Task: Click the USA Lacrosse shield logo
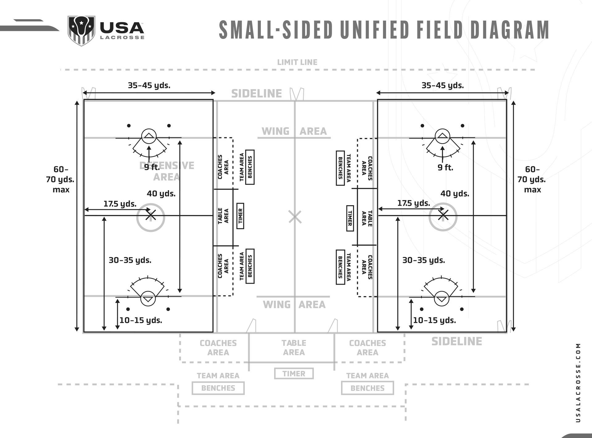(x=81, y=31)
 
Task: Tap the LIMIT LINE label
(x=297, y=62)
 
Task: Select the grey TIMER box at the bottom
(x=294, y=374)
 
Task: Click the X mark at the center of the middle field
(x=295, y=217)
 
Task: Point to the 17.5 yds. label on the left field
(x=120, y=204)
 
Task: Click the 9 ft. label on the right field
(x=446, y=167)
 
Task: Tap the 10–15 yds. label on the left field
(x=141, y=320)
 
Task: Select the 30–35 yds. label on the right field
(x=424, y=260)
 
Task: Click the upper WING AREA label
(x=294, y=131)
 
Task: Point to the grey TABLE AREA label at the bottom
(x=294, y=348)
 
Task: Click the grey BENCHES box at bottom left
(x=218, y=388)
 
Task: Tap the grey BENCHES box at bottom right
(x=368, y=388)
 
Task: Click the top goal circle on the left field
(x=149, y=136)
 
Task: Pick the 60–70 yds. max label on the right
(x=532, y=179)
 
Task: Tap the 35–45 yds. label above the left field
(x=149, y=85)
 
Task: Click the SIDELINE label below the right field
(x=457, y=341)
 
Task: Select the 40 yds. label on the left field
(x=161, y=194)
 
